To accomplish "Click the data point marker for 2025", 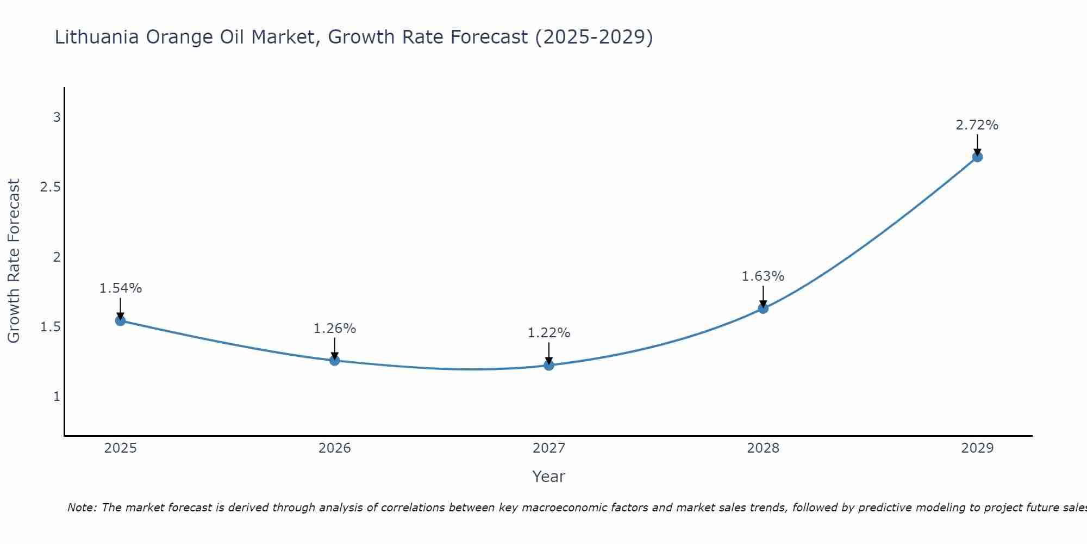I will tap(120, 320).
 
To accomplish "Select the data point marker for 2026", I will tap(334, 360).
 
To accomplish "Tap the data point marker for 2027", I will tap(549, 365).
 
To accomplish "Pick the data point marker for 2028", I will tap(763, 308).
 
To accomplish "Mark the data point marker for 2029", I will tap(977, 157).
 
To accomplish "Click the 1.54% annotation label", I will tap(120, 288).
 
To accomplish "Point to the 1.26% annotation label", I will tap(334, 329).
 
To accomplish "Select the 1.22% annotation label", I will tap(549, 333).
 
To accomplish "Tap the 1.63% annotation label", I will tap(763, 276).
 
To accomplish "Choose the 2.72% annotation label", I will tap(977, 125).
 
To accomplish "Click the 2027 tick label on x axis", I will tap(549, 448).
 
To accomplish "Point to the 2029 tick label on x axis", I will tap(977, 448).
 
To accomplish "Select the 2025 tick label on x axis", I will tap(120, 448).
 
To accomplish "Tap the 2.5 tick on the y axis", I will tap(50, 187).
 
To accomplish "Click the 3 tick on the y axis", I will tap(57, 118).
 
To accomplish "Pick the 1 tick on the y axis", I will tap(57, 397).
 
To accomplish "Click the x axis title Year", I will tap(549, 477).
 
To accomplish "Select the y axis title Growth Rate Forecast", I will tap(14, 261).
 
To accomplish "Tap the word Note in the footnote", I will tap(81, 508).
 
